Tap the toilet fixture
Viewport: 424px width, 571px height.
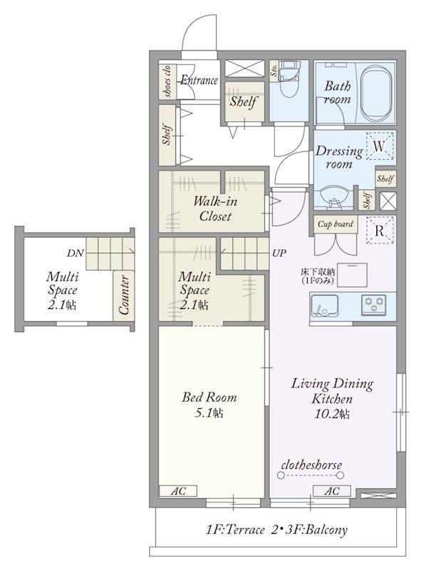click(x=291, y=79)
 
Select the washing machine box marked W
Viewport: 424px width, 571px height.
click(x=380, y=146)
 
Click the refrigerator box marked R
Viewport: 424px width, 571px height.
click(x=380, y=230)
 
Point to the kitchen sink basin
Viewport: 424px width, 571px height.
click(x=324, y=305)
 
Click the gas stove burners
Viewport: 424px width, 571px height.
click(x=373, y=305)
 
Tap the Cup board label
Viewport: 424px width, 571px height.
click(x=335, y=224)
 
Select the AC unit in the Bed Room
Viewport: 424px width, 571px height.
click(x=179, y=491)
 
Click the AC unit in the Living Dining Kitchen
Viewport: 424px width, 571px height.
click(x=331, y=491)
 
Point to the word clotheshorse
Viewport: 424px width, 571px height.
click(x=311, y=465)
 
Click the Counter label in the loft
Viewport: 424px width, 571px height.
click(x=123, y=295)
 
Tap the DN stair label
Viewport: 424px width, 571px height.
click(x=76, y=253)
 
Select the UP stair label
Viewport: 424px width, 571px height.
click(x=279, y=253)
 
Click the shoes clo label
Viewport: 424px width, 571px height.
click(x=167, y=81)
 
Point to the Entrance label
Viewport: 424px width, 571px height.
click(x=200, y=80)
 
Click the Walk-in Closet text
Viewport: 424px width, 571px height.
click(x=215, y=208)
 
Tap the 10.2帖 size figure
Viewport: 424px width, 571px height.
click(x=331, y=414)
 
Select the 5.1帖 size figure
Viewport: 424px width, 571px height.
click(x=209, y=413)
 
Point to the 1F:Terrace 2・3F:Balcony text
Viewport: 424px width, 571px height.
click(x=276, y=530)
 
